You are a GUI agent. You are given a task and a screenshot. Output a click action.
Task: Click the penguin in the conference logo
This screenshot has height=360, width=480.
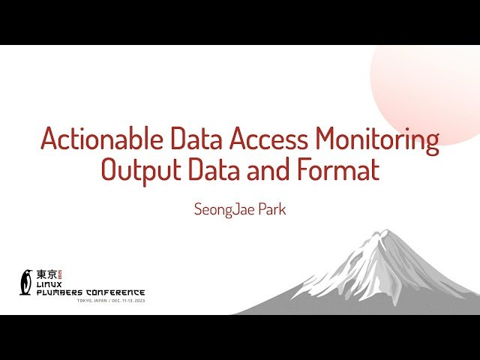point(27,281)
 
